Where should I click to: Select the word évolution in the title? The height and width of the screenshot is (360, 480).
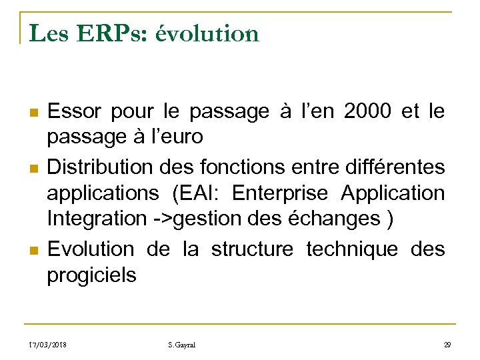point(207,33)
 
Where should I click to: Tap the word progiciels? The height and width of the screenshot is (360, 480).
point(91,275)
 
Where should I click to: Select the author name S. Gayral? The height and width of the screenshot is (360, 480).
point(182,345)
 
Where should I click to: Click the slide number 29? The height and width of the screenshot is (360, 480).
point(448,345)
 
